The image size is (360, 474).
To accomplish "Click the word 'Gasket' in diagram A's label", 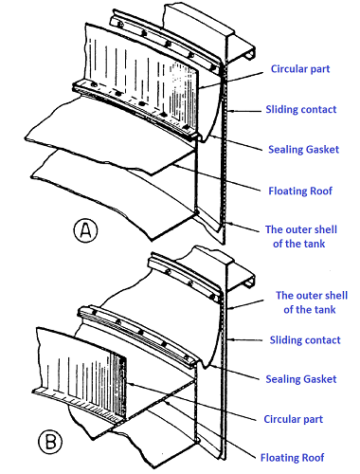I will [321, 149].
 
